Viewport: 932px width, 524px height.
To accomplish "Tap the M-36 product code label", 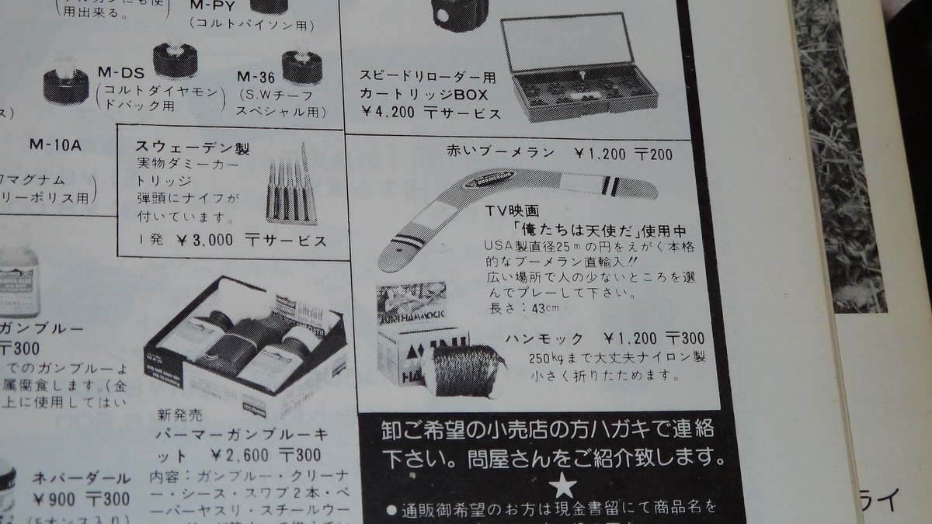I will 256,77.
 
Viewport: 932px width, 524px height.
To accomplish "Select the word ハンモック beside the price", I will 543,339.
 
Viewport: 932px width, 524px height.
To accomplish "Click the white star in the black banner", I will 565,487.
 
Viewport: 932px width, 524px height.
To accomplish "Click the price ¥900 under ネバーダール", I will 50,498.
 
